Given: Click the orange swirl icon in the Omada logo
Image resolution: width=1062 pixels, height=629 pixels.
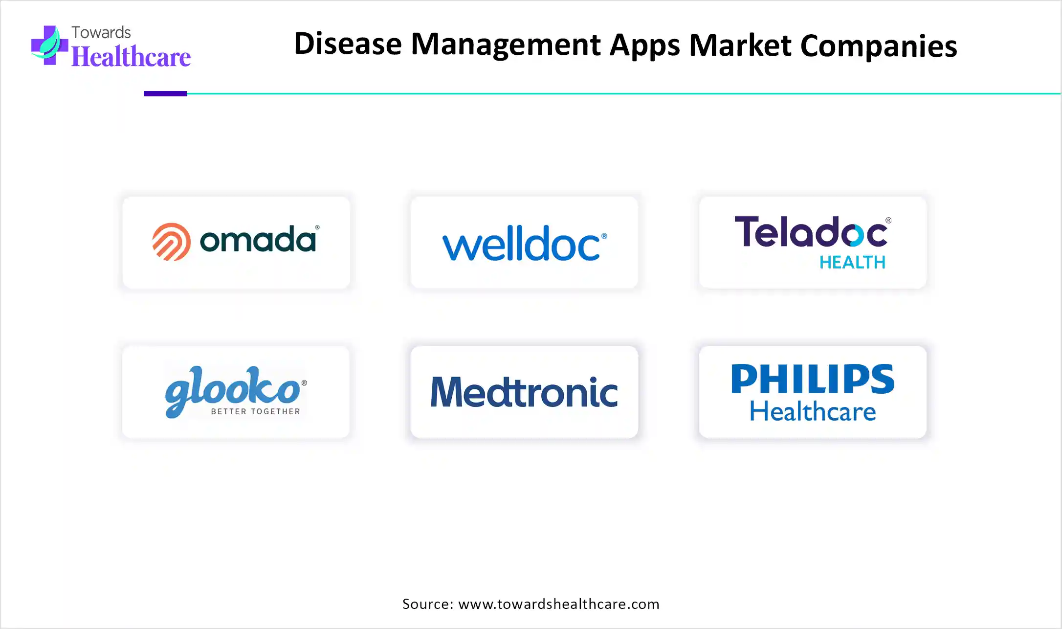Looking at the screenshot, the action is tap(171, 242).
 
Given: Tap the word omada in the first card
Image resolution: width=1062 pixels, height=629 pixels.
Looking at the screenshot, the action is tap(258, 239).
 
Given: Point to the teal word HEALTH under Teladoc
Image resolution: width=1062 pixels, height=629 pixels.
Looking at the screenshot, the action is tap(852, 263).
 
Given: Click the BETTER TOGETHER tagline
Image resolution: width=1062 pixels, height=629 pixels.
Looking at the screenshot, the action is tap(255, 411).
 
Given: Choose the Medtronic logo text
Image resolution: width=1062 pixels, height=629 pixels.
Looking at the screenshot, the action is tap(524, 392).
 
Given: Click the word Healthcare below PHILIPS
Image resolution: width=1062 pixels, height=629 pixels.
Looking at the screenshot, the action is tap(813, 411).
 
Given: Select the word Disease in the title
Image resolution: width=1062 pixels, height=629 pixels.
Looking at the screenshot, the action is tap(348, 44).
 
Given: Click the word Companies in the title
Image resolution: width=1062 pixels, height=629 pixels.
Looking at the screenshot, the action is tap(879, 46).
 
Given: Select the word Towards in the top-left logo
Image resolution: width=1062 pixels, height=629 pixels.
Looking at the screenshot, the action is tap(101, 32).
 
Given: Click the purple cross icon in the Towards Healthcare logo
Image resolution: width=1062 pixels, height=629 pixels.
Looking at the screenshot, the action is tap(49, 45).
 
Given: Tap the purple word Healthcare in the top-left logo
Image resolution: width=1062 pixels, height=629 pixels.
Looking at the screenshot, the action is tap(131, 57).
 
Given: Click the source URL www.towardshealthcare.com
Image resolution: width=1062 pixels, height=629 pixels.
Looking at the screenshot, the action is tap(559, 604).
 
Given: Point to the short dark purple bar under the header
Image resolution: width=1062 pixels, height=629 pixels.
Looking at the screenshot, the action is tap(165, 93).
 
